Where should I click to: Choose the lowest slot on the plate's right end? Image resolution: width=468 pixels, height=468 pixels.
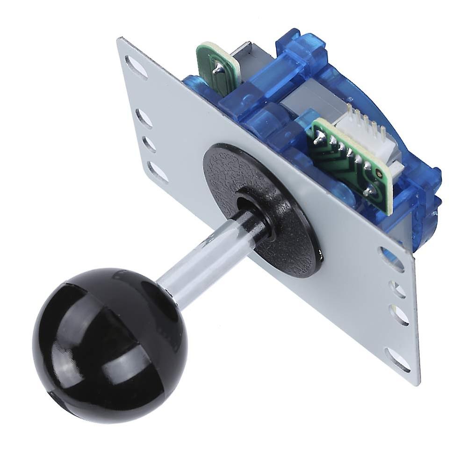tap(398, 360)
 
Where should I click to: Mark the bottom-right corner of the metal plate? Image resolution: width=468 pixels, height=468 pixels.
tap(418, 383)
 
